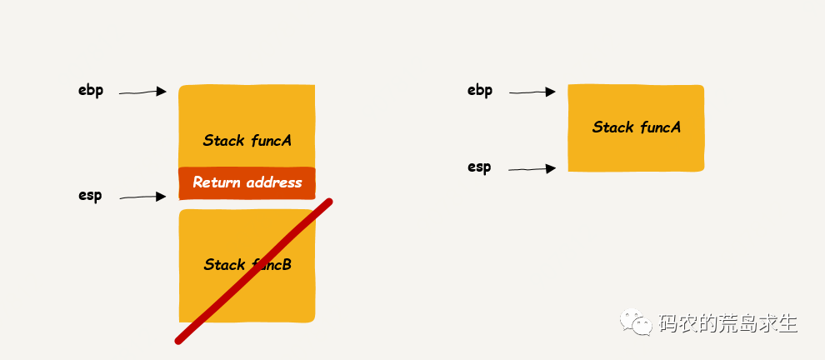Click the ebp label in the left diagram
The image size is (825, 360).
click(x=91, y=91)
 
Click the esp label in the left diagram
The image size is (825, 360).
click(x=90, y=196)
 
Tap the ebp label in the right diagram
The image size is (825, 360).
click(x=480, y=91)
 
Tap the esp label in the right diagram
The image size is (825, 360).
click(x=479, y=167)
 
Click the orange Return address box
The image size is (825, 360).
click(x=247, y=183)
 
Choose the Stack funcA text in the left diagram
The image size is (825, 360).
click(x=247, y=140)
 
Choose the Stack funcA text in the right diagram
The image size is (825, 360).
click(x=636, y=127)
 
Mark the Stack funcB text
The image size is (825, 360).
click(x=247, y=265)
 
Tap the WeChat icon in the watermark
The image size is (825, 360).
click(x=641, y=322)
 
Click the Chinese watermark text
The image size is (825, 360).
click(x=727, y=322)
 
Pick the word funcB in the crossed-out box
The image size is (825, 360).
click(x=270, y=265)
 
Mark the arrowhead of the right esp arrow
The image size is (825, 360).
click(x=551, y=169)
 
